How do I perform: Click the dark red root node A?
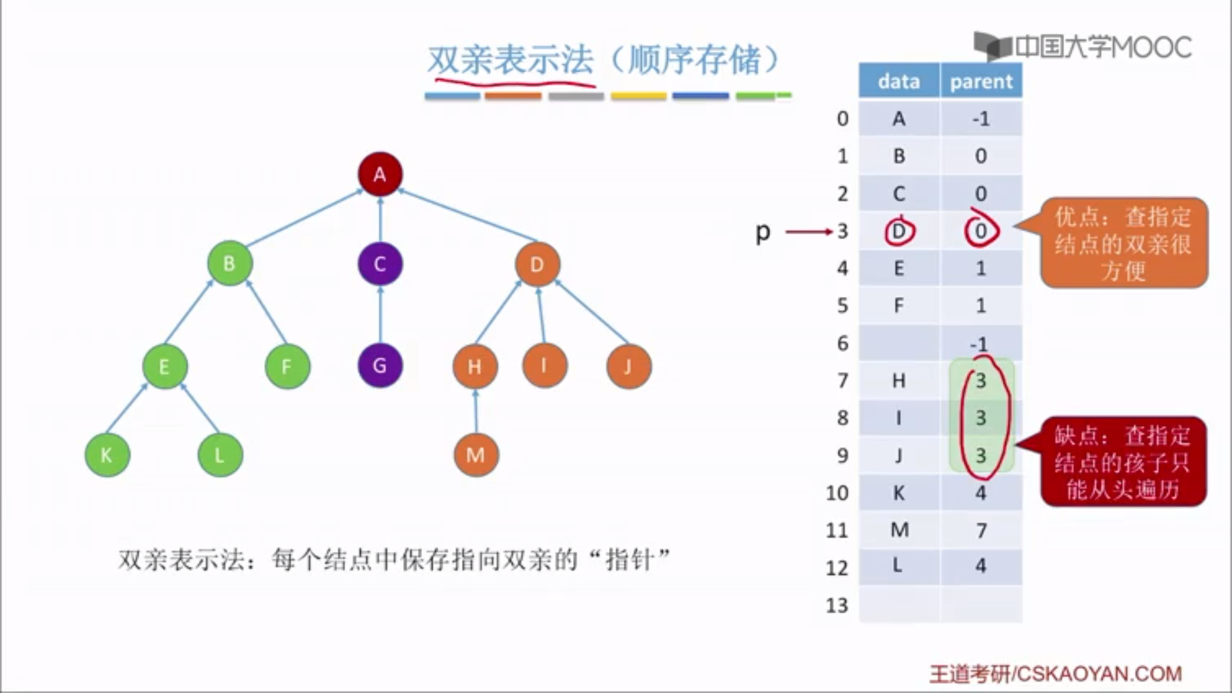[x=380, y=174]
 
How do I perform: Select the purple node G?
[x=380, y=366]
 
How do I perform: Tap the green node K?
[x=107, y=455]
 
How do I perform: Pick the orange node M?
[x=475, y=455]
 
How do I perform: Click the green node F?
[x=287, y=366]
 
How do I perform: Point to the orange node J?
[x=628, y=366]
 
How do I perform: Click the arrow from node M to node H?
[x=475, y=411]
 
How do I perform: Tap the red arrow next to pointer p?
[x=809, y=232]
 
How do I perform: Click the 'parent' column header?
[x=981, y=81]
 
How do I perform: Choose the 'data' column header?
[x=899, y=81]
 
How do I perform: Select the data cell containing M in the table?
[x=899, y=530]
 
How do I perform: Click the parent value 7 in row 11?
[x=981, y=530]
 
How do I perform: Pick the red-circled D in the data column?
[x=899, y=231]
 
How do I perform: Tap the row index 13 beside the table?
[x=837, y=605]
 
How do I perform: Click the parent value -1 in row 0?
[x=981, y=119]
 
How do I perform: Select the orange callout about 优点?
[x=1123, y=243]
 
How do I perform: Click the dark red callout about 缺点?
[x=1123, y=462]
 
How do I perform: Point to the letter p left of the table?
[x=762, y=232]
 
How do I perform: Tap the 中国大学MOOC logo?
[x=1083, y=46]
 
